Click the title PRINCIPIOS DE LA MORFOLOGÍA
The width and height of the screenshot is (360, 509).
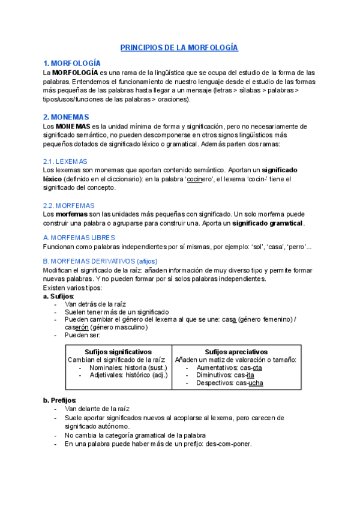pos(179,47)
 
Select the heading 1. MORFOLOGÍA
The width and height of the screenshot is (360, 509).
pos(71,63)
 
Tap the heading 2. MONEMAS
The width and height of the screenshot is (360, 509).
pos(66,117)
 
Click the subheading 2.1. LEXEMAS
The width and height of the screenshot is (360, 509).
pos(65,161)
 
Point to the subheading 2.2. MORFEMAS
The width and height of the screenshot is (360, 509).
pos(67,205)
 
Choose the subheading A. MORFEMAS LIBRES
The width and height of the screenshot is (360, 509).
pos(80,238)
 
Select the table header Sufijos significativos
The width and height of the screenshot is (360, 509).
pos(118,352)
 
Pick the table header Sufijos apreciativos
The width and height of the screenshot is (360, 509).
pos(236,352)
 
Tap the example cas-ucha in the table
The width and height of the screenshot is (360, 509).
pos(249,383)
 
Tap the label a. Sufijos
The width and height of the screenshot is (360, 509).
pos(58,297)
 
